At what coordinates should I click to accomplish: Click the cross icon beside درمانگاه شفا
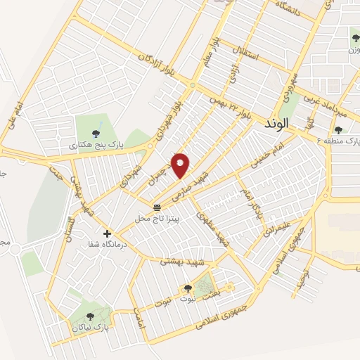107,233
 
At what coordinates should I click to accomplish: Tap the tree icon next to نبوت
187,288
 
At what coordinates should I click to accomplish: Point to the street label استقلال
249,46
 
